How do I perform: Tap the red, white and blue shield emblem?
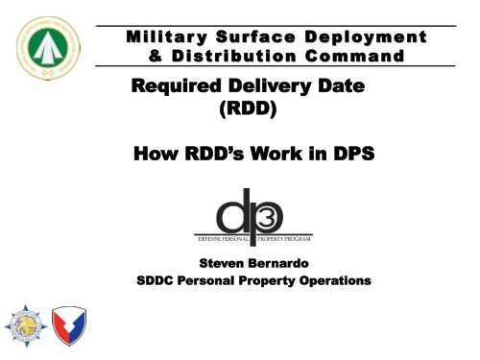(71, 326)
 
